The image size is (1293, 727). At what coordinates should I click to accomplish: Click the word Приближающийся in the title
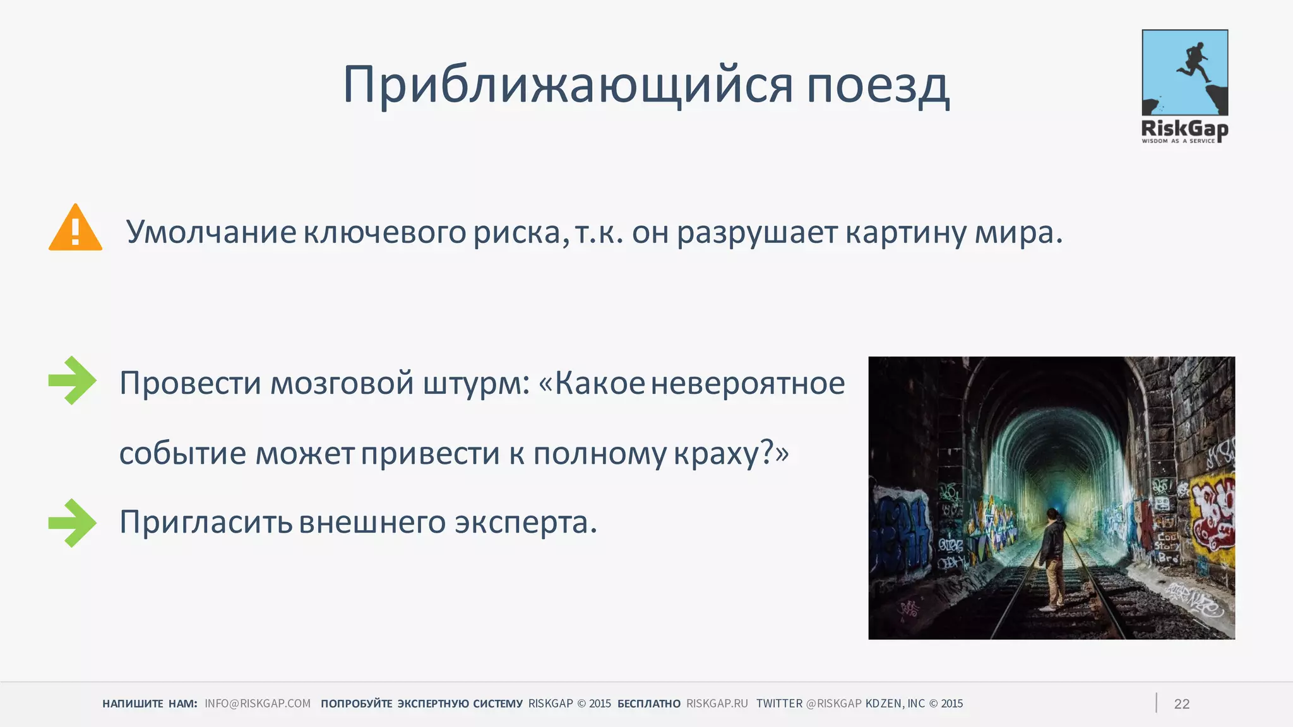pyautogui.click(x=568, y=85)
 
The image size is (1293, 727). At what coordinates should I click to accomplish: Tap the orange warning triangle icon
pyautogui.click(x=75, y=228)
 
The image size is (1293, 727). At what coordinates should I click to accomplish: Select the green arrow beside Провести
pyautogui.click(x=73, y=381)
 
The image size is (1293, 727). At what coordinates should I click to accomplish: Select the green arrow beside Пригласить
pyautogui.click(x=73, y=523)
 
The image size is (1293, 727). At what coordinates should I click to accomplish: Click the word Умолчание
pyautogui.click(x=211, y=232)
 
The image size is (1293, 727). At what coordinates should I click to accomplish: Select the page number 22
pyautogui.click(x=1181, y=704)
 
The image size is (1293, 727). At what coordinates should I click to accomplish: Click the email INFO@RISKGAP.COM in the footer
pyautogui.click(x=258, y=704)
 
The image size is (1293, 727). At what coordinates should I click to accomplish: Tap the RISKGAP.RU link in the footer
pyautogui.click(x=717, y=704)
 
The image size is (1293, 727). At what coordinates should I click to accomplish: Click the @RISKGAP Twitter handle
pyautogui.click(x=833, y=704)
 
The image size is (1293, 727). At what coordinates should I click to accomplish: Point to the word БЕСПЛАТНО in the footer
pyautogui.click(x=648, y=704)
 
